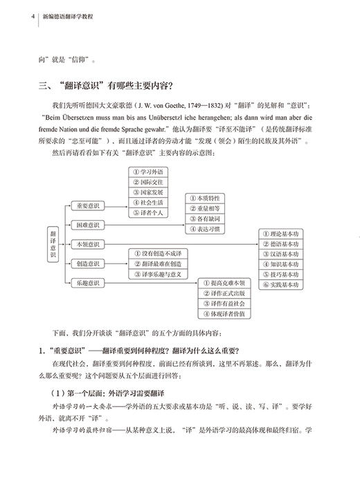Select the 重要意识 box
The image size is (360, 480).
click(x=88, y=206)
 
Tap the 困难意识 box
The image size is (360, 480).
click(x=88, y=225)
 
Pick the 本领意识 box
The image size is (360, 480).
click(x=88, y=244)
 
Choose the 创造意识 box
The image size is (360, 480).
click(x=88, y=263)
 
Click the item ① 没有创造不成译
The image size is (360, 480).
click(x=159, y=253)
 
